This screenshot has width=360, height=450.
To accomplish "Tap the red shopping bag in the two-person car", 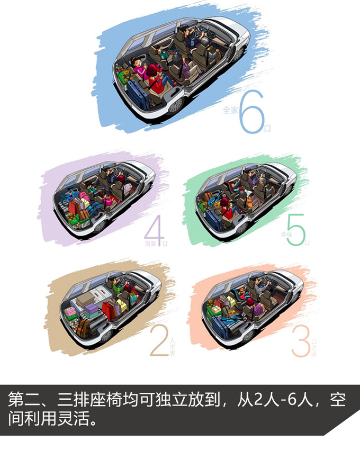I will pos(112,310).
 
